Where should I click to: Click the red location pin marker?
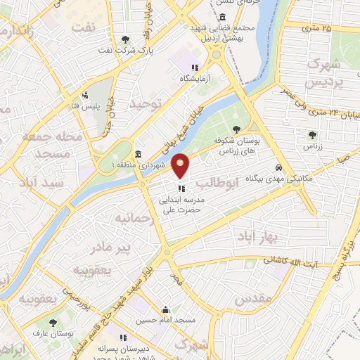click(181, 165)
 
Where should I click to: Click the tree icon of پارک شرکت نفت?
click(125, 39)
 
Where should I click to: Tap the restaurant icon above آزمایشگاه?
click(185, 67)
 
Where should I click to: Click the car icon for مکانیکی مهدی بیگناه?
click(280, 168)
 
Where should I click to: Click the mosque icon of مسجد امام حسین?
click(165, 309)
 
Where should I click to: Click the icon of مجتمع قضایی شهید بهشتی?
click(223, 17)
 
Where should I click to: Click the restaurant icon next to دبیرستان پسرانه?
click(122, 337)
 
